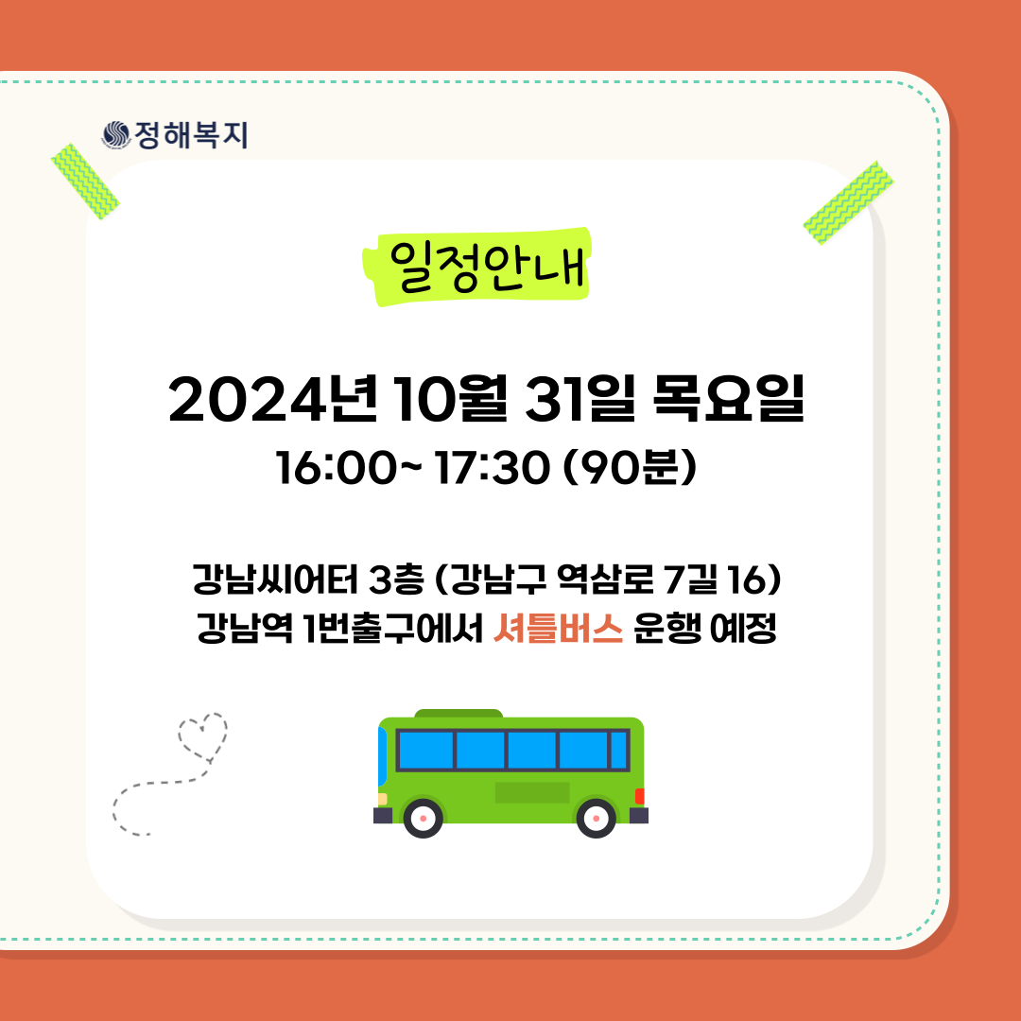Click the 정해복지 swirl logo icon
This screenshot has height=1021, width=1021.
pos(116,135)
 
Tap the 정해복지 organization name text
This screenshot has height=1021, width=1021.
pos(191,135)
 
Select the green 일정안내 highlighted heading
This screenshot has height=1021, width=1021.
pos(476,267)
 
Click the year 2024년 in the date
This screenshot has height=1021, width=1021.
pos(273,399)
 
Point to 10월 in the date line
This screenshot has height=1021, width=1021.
pos(451,399)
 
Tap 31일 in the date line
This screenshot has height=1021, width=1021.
pos(580,399)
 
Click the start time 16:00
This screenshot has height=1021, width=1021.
pos(336,468)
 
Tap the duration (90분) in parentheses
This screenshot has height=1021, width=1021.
pos(629,467)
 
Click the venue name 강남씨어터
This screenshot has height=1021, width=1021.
pos(275,579)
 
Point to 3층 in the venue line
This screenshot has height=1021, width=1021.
pos(396,579)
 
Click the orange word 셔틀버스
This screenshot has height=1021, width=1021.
pos(558,629)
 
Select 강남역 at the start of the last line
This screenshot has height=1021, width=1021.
pos(245,629)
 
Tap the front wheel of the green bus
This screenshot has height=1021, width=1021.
pos(424,818)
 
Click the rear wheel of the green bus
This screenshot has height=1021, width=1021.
pos(596,818)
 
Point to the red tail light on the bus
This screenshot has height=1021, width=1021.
pos(639,796)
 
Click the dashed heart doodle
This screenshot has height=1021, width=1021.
pos(202,737)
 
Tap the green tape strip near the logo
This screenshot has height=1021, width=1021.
pos(85,181)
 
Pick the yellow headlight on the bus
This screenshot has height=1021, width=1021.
pos(382,799)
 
